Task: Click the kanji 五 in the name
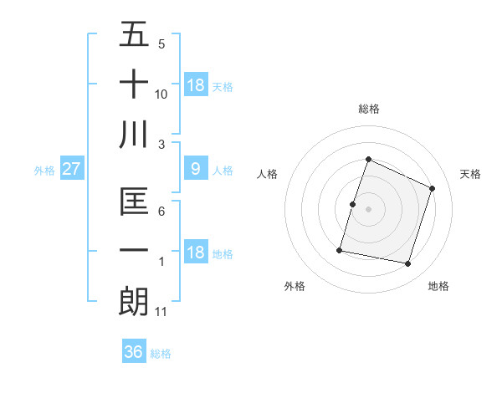[134, 36]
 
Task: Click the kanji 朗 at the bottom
[134, 301]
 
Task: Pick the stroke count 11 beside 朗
[161, 312]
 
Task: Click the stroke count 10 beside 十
[161, 94]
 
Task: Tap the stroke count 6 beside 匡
[161, 212]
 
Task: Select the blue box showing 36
[134, 352]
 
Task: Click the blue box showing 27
[71, 170]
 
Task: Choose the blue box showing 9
[195, 170]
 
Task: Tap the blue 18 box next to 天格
[195, 85]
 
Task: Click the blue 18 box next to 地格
[195, 253]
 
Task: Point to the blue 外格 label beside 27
[44, 171]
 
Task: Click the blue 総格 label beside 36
[161, 354]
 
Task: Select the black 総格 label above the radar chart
[368, 109]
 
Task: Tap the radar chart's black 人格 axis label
[268, 174]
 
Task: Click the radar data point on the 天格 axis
[432, 189]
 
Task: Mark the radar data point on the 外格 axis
[340, 249]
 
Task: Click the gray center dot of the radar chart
[368, 209]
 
